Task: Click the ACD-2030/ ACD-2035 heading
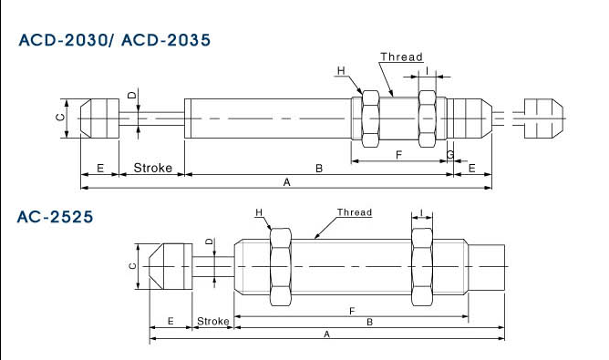point(115,40)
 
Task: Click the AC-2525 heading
point(55,217)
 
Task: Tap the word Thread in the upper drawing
point(401,57)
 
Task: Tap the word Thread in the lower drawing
point(355,212)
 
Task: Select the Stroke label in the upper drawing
point(152,168)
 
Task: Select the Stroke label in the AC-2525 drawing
point(212,321)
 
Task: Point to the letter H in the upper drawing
point(341,71)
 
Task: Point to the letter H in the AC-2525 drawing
point(259,212)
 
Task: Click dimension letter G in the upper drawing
point(450,155)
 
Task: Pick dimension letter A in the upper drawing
point(286,181)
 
